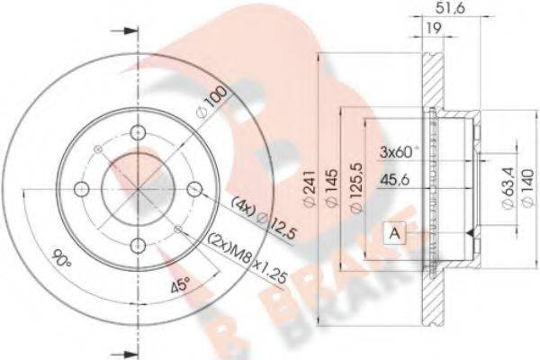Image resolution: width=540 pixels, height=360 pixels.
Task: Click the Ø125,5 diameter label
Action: coord(357,189)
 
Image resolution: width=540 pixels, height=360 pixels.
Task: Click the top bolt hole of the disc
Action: coord(138,134)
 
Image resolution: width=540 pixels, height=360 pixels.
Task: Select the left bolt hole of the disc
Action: coord(81,189)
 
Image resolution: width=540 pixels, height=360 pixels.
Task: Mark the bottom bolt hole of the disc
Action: coord(138,246)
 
